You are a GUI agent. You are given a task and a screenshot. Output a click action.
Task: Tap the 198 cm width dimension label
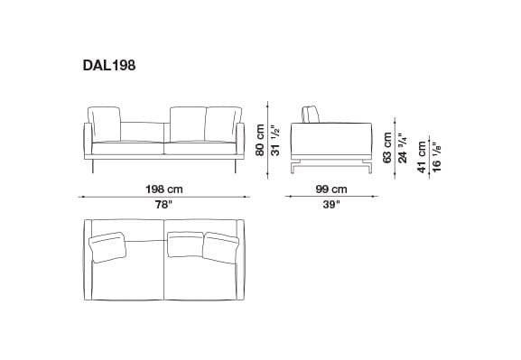click(x=163, y=189)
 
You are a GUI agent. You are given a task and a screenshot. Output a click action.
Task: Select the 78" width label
click(x=163, y=205)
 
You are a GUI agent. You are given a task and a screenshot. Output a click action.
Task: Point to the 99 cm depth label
click(x=331, y=189)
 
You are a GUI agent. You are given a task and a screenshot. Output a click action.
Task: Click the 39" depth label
click(x=331, y=205)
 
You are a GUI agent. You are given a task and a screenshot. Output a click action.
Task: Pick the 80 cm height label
click(x=260, y=141)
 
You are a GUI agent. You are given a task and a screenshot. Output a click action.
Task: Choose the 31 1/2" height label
click(x=274, y=139)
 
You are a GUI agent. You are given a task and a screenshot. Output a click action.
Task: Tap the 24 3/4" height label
click(x=403, y=145)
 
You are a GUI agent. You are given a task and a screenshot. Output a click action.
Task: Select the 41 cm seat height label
click(x=421, y=153)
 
